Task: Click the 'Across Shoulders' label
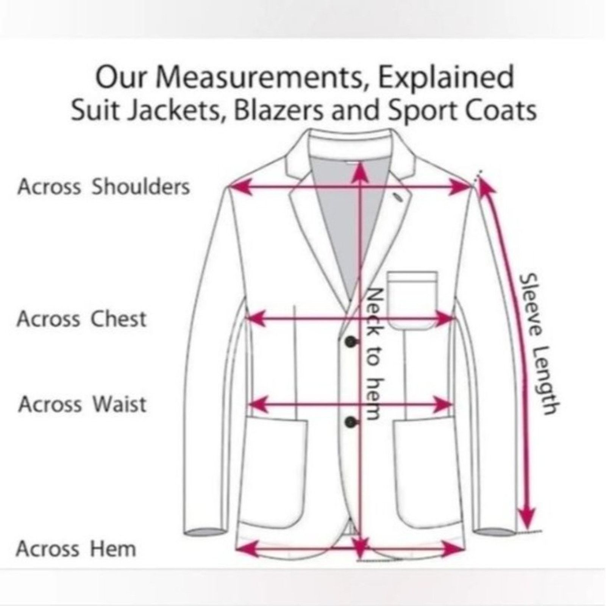[x=103, y=187]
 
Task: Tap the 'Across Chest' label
[x=81, y=319]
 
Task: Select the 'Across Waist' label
[x=82, y=404]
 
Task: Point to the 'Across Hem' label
[x=76, y=549]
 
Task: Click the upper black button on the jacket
[x=350, y=342]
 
